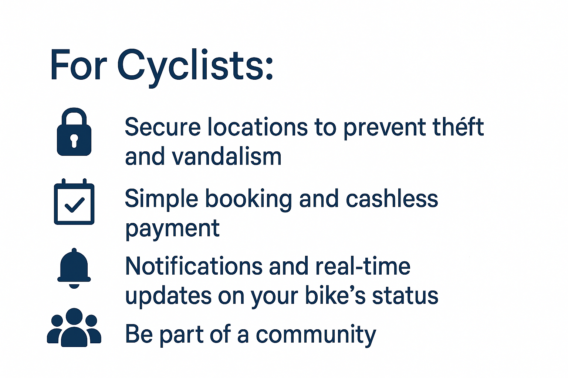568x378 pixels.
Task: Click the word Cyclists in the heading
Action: (x=195, y=67)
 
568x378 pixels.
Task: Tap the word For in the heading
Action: (x=78, y=65)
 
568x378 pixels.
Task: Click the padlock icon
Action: (x=74, y=132)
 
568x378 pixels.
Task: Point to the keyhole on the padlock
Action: (x=74, y=141)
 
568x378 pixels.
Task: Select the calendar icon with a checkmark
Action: (x=74, y=202)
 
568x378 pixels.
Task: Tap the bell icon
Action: (x=74, y=268)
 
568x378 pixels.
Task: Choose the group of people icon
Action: (x=74, y=327)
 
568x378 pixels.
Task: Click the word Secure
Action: (x=163, y=127)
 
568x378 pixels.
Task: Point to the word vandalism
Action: (x=226, y=157)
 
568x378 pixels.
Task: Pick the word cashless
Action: (x=392, y=199)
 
